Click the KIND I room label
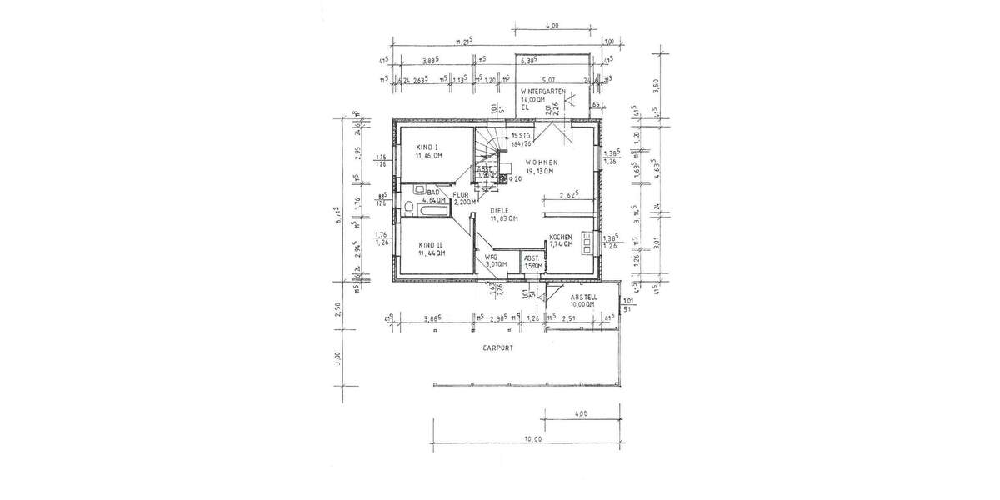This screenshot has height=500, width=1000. (x=428, y=147)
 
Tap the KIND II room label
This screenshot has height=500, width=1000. (x=430, y=242)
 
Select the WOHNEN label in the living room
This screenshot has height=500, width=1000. (x=541, y=162)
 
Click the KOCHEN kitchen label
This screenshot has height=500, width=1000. (x=561, y=237)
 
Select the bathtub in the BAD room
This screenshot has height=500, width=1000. (x=424, y=213)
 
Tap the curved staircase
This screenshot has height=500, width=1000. (x=492, y=151)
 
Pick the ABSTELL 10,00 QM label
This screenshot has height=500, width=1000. (x=582, y=301)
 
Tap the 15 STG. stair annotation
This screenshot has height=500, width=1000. (x=522, y=135)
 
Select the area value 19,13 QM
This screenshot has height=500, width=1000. (x=540, y=172)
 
